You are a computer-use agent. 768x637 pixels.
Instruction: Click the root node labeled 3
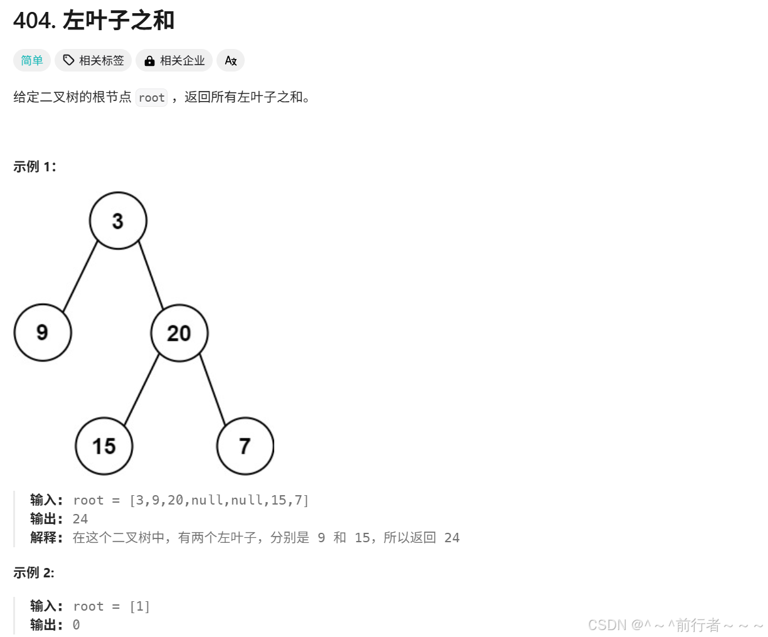tap(118, 221)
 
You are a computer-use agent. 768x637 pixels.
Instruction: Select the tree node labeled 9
tap(43, 333)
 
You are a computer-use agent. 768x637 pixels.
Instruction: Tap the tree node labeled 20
tap(179, 333)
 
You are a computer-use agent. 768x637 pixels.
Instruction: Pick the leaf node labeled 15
tap(104, 446)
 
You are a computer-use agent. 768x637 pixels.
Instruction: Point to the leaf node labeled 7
tap(245, 446)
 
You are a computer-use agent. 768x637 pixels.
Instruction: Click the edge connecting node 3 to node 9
tap(80, 277)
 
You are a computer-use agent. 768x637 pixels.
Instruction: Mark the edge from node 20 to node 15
tap(142, 389)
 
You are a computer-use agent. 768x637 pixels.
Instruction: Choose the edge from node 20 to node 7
tap(213, 389)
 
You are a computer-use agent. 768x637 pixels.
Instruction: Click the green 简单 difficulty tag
tap(32, 60)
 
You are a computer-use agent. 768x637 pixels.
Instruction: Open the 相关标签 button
tap(93, 60)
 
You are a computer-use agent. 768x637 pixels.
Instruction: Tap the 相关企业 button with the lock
tap(174, 60)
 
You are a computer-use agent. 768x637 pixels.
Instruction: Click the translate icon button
tap(230, 60)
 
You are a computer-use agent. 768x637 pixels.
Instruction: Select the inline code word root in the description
tap(152, 98)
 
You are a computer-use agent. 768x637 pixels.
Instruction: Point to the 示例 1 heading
tap(35, 166)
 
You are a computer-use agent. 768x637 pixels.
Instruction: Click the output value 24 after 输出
tap(80, 519)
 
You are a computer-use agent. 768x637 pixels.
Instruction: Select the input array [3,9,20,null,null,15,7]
tap(219, 500)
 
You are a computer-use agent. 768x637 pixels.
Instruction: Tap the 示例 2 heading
tap(34, 572)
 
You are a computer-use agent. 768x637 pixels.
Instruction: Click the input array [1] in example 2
tap(139, 606)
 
